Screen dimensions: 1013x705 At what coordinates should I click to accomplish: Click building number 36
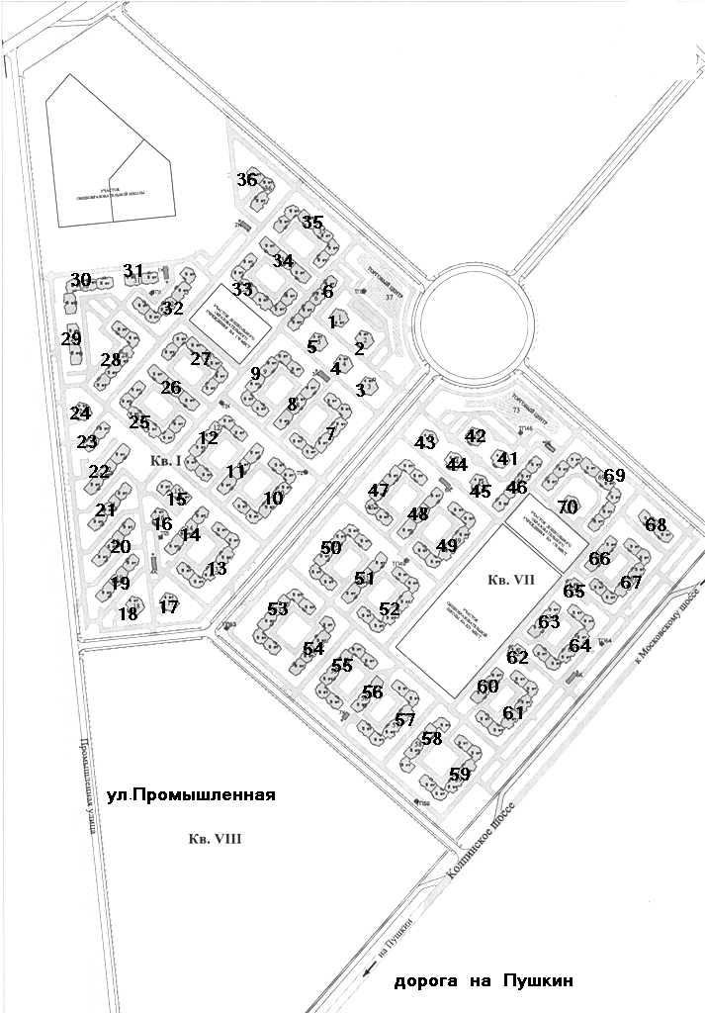247,180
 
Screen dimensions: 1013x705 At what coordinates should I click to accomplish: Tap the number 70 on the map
567,507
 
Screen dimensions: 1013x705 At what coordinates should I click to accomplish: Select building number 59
460,775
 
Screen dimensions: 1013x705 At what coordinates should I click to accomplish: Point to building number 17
169,607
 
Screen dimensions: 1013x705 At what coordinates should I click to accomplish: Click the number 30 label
80,280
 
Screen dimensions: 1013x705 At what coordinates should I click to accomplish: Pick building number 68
657,524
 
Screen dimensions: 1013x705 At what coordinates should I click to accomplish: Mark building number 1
332,322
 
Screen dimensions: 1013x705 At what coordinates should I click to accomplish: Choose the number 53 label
278,609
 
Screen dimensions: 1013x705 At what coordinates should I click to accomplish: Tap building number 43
425,443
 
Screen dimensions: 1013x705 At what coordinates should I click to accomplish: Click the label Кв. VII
510,581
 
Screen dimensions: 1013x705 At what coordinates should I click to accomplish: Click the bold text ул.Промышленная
189,794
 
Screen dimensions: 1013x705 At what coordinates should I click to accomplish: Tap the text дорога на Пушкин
484,982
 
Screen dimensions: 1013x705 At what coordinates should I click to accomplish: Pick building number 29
71,339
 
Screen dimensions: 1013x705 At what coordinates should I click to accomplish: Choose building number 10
273,499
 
